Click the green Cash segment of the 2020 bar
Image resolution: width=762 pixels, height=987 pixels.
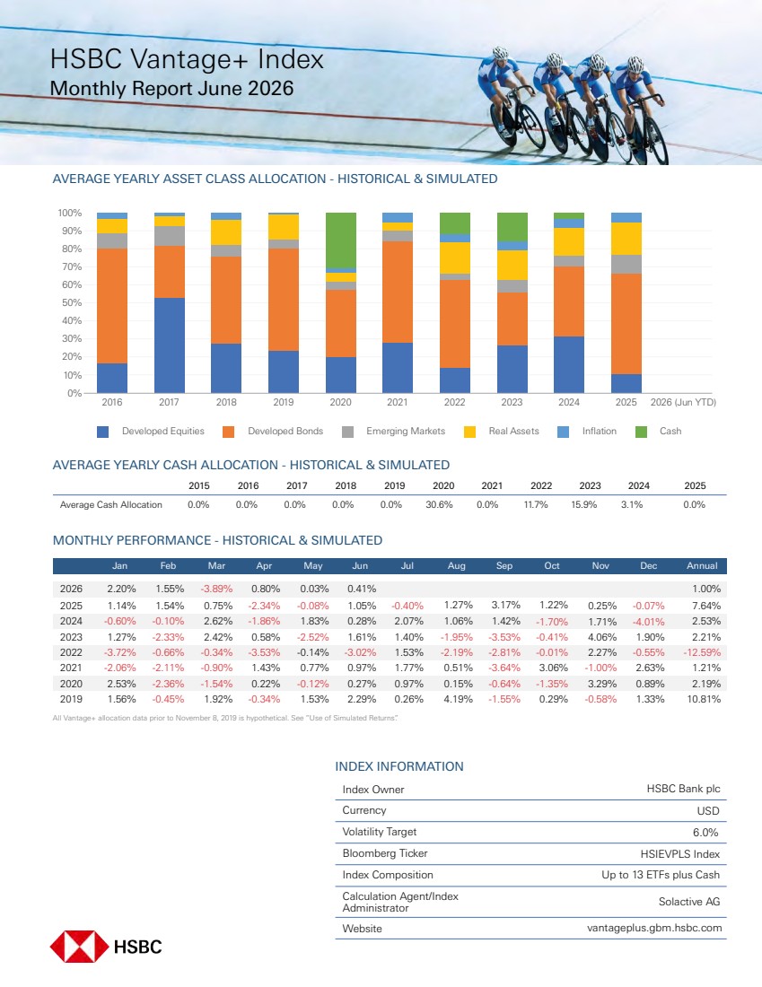(x=341, y=240)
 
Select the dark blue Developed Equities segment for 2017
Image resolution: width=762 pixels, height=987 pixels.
(x=170, y=345)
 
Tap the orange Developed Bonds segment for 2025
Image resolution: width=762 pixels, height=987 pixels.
(x=626, y=324)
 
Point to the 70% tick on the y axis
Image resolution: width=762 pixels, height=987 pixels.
(x=71, y=266)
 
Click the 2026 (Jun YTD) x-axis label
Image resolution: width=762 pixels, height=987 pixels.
(x=683, y=402)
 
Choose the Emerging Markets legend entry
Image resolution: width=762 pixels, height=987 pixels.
(x=394, y=432)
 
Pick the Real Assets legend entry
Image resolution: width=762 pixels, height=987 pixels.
(x=502, y=432)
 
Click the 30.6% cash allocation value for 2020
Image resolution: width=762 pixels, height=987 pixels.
(x=439, y=505)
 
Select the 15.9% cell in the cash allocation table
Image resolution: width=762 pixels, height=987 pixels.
(x=583, y=505)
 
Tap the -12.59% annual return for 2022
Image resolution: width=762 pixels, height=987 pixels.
(x=702, y=652)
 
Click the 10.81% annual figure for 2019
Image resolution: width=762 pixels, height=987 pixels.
(x=704, y=699)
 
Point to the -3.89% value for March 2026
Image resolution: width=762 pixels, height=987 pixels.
(x=216, y=590)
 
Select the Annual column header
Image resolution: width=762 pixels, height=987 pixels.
(x=702, y=566)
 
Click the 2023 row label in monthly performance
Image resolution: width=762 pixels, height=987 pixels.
(x=71, y=638)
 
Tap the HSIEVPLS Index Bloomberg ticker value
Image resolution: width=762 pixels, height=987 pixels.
(x=680, y=854)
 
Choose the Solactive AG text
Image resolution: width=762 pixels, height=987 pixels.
(x=689, y=902)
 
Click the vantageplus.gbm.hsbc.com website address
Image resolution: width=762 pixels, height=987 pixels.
(x=654, y=929)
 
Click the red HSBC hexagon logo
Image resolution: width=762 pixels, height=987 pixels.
(x=79, y=947)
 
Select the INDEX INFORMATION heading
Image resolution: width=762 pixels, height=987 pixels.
(x=399, y=766)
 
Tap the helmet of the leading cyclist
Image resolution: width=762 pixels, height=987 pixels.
(x=635, y=65)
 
